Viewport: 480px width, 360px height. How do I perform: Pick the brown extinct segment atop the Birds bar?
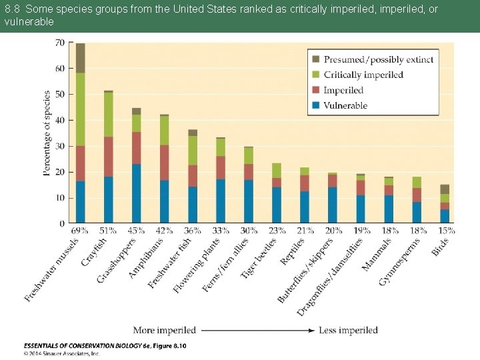445,189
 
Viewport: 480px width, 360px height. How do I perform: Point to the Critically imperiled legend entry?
363,75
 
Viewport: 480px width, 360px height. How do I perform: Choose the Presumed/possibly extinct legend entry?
378,59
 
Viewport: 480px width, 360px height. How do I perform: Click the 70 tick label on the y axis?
59,43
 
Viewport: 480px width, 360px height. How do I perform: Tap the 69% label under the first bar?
79,231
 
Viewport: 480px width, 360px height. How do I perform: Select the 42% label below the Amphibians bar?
165,231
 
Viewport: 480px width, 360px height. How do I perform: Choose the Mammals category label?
377,255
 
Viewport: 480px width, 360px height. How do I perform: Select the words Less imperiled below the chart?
348,330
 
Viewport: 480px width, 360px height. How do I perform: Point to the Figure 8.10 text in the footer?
167,345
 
